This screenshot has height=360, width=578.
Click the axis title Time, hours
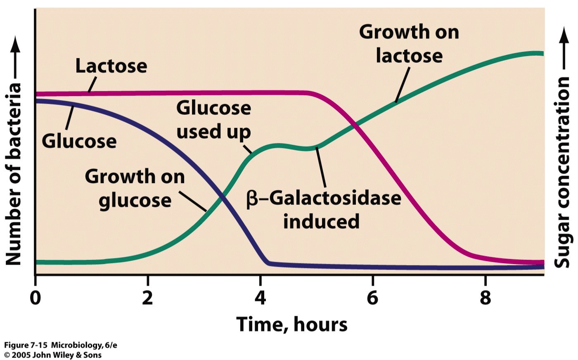292,324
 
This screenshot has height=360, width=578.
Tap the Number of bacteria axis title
13,174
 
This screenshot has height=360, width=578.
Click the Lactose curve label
111,66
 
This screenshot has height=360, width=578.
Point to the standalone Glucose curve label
79,141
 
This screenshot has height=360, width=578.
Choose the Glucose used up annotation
213,120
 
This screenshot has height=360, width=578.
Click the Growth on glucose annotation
135,189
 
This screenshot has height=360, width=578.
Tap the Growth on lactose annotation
409,44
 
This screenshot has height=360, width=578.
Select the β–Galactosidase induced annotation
324,210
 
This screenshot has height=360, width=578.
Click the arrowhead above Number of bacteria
15,43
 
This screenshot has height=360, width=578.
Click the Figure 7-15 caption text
60,345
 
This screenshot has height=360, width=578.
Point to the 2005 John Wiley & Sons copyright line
52,355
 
